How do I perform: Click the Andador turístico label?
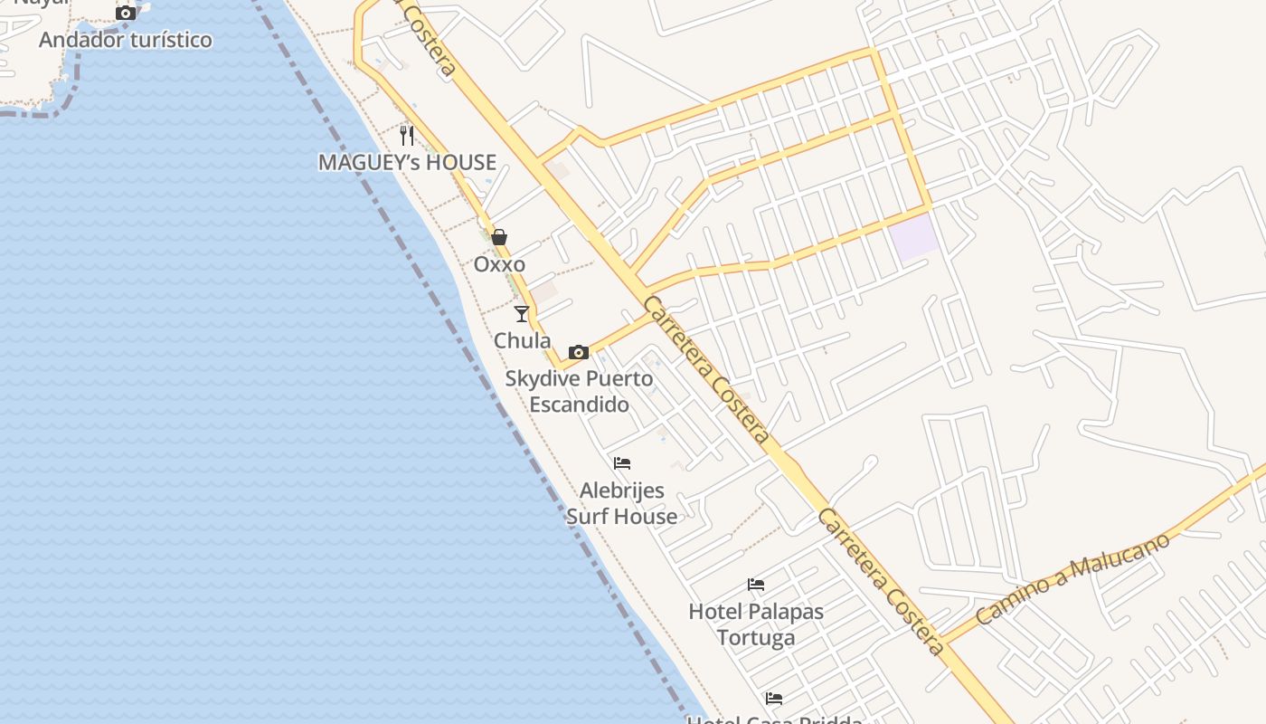(126, 40)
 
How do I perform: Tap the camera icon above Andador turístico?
(126, 13)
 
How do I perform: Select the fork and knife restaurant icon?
(407, 136)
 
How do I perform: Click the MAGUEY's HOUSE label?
(407, 162)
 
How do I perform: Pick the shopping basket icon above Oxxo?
(499, 237)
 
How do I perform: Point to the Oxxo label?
(499, 264)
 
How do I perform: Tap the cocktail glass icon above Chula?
(522, 314)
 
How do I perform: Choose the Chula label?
(522, 340)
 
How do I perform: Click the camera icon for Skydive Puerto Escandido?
(579, 352)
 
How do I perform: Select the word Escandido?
(579, 404)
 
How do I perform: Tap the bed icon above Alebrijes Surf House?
(622, 463)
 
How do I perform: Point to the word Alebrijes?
(622, 491)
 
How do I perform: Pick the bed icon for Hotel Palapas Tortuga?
(756, 585)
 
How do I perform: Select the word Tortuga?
(756, 637)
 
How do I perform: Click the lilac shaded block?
(913, 237)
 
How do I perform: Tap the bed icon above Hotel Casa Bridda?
(774, 699)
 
